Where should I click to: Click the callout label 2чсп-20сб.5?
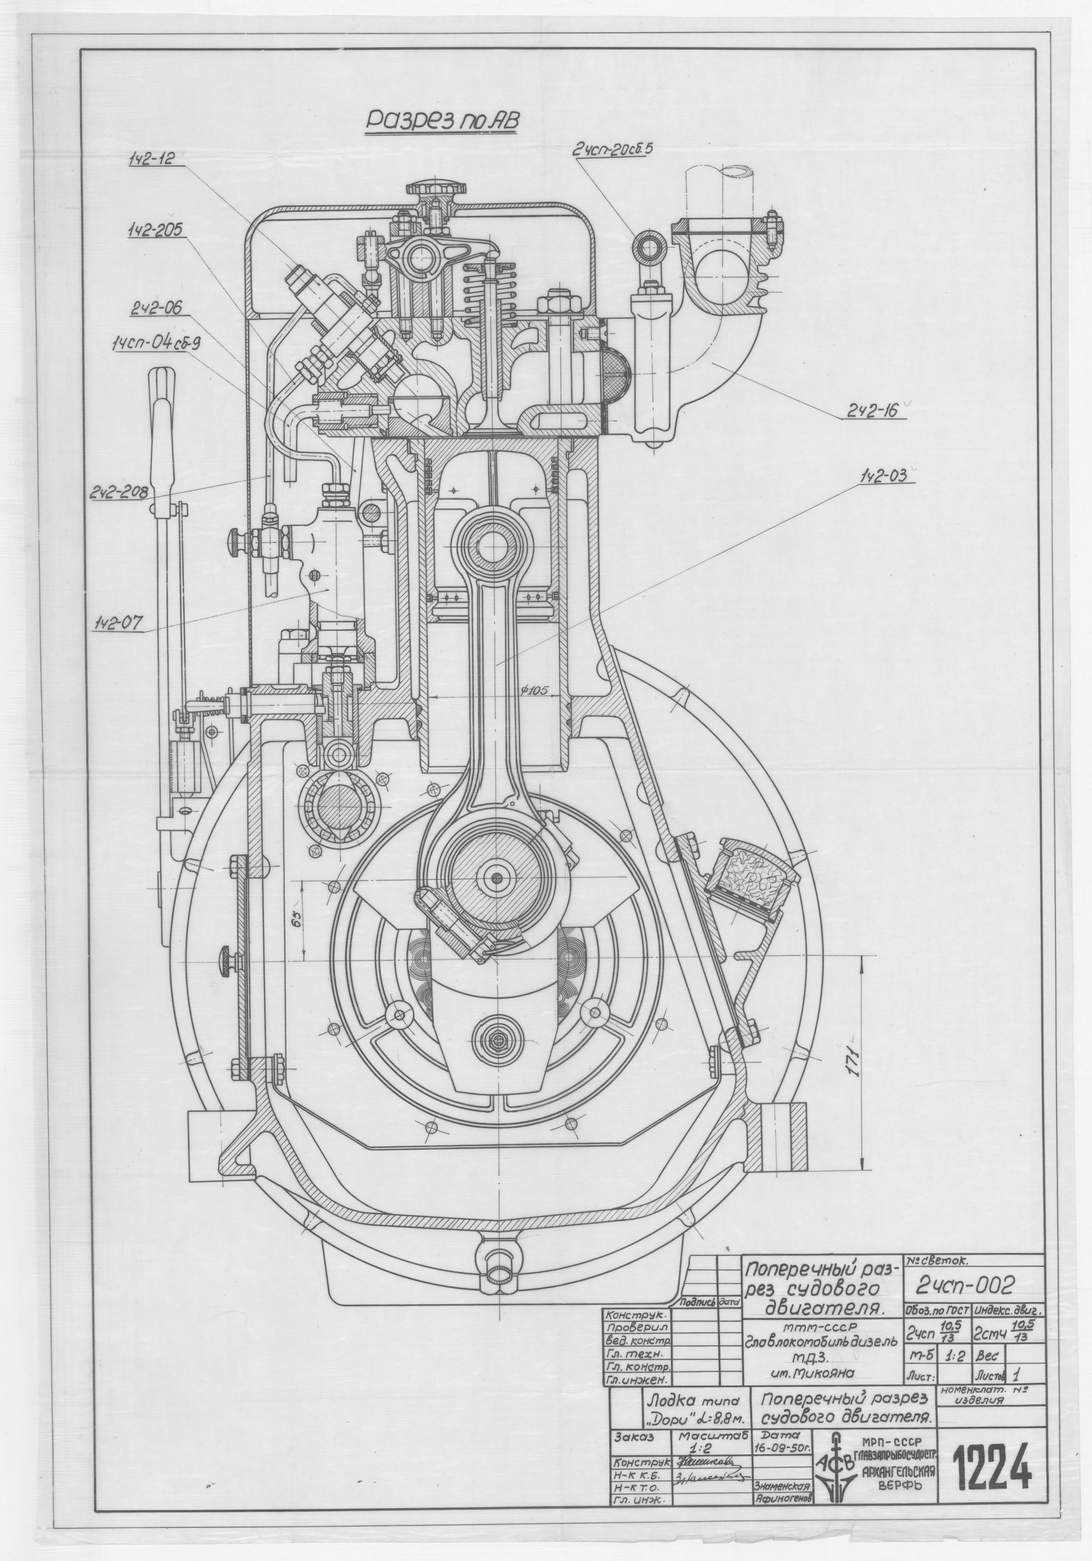pos(612,151)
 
